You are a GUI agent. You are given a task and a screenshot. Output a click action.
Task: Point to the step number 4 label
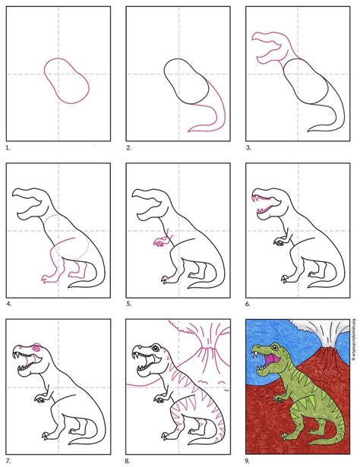[6, 302]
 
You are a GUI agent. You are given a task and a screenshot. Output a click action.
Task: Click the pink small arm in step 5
[159, 243]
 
